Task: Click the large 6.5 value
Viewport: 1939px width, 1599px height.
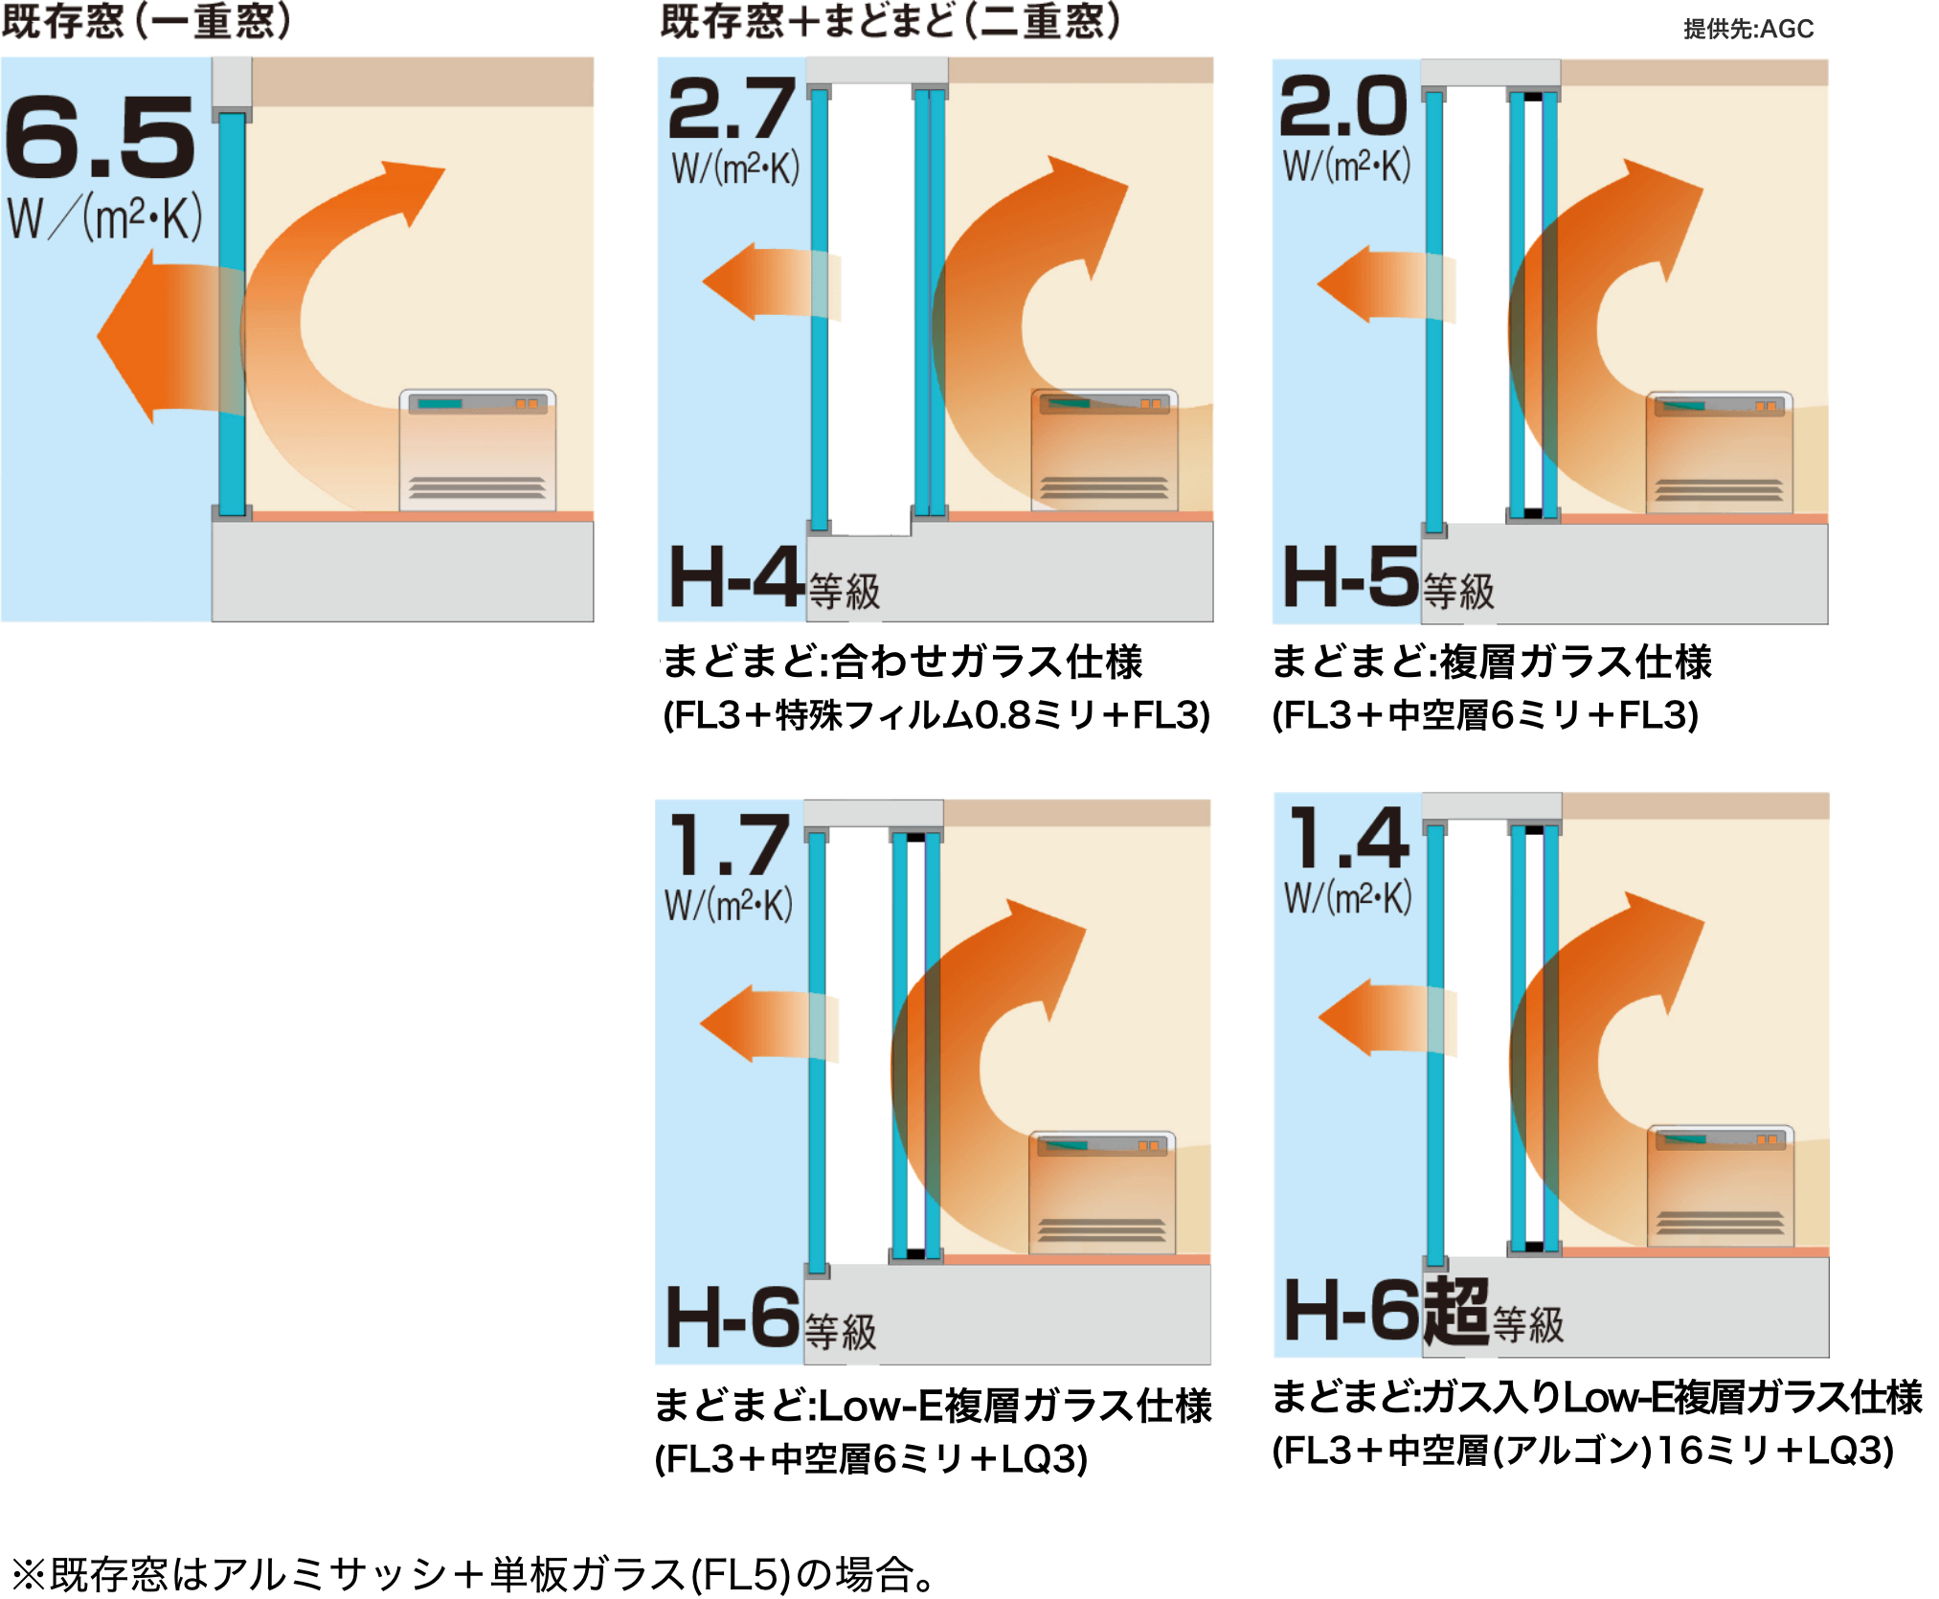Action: click(100, 137)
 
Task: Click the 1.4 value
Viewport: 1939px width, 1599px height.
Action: click(1349, 837)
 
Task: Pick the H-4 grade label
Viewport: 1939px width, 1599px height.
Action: click(735, 576)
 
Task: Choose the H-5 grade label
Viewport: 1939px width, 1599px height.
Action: click(1350, 576)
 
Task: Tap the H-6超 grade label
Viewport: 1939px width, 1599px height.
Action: click(1387, 1311)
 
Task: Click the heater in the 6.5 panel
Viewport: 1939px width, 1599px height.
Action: click(477, 449)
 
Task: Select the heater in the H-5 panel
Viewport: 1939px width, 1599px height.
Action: click(1719, 452)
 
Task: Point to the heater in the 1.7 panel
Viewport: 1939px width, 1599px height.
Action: click(1102, 1193)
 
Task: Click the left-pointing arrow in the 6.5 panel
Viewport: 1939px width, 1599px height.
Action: click(170, 336)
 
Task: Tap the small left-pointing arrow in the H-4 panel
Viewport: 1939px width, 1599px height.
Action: click(771, 282)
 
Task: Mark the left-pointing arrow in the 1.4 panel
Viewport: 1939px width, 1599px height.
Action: click(1387, 1017)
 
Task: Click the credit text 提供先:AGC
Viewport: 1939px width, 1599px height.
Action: click(1748, 29)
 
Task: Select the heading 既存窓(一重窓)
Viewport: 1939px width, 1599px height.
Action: click(146, 20)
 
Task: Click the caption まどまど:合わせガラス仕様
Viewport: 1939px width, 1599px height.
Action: click(902, 662)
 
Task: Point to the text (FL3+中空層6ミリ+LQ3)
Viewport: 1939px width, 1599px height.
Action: click(871, 1459)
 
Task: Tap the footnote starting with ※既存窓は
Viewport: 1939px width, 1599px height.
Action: click(474, 1574)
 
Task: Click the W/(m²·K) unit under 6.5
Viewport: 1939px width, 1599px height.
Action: click(104, 218)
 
